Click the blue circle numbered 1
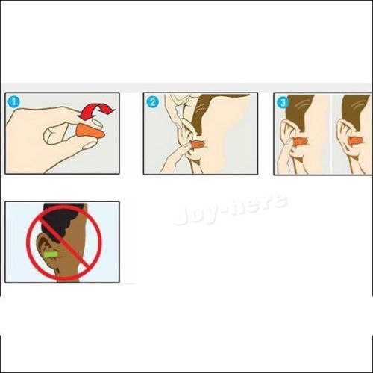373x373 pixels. [14, 102]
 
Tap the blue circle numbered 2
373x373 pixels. [152, 102]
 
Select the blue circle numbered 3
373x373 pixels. [283, 102]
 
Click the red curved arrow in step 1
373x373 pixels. [96, 111]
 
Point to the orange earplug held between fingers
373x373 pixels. [90, 132]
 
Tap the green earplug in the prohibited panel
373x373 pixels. [52, 255]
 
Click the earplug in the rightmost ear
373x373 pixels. [355, 141]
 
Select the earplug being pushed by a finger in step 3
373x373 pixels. [301, 142]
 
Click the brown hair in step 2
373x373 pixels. [214, 113]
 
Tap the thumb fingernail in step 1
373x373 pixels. [90, 145]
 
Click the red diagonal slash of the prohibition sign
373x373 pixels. [64, 243]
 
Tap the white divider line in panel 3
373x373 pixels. [331, 134]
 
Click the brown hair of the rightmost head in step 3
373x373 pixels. [356, 110]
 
